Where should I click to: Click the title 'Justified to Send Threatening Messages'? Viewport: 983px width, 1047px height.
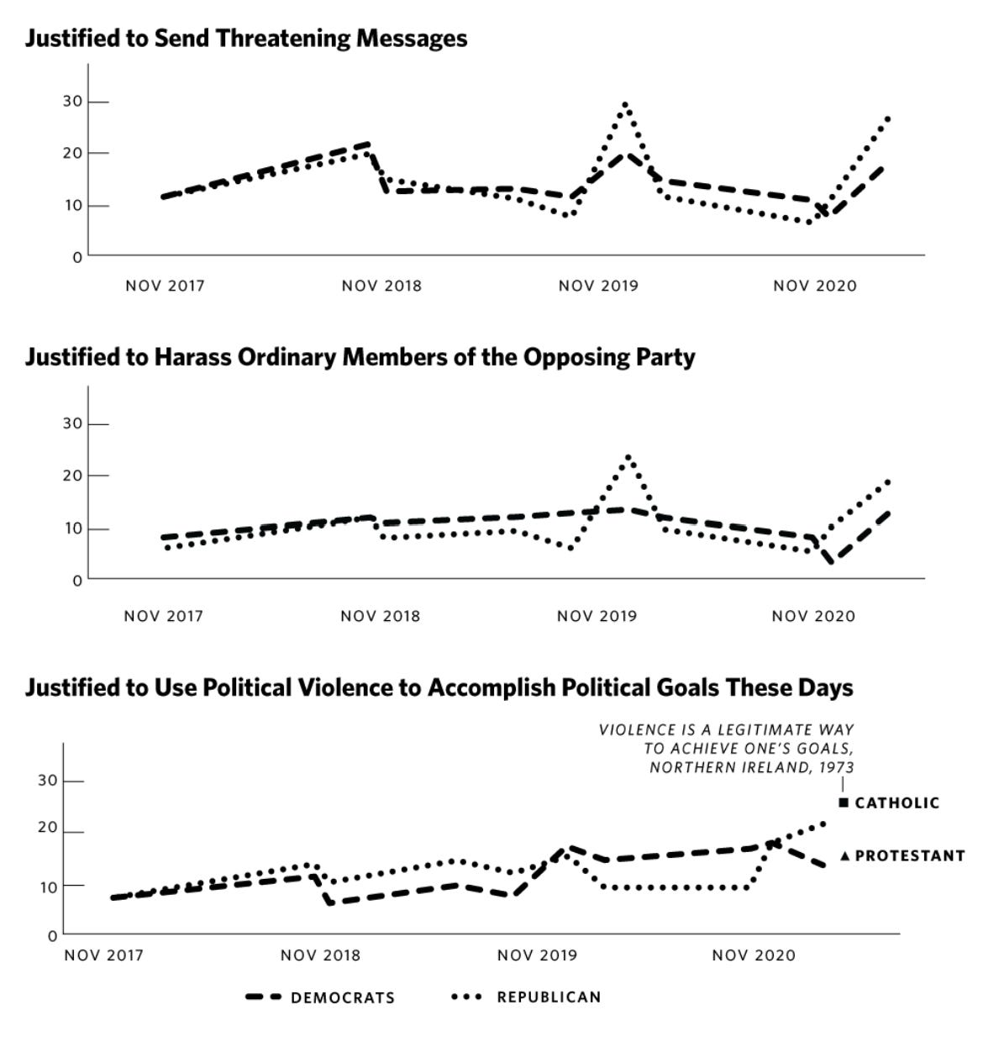click(245, 38)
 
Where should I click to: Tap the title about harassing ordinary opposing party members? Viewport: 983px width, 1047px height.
click(360, 357)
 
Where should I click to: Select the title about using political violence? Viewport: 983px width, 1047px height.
click(439, 687)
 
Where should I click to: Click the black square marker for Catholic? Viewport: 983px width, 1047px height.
click(844, 802)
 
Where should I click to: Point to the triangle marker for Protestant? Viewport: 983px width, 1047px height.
click(845, 855)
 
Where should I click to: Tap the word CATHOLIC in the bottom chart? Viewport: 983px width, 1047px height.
click(897, 802)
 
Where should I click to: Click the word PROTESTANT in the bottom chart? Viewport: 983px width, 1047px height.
click(910, 855)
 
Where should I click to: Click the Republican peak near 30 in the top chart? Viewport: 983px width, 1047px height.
click(625, 105)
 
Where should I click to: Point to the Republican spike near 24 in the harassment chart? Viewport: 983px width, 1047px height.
click(628, 458)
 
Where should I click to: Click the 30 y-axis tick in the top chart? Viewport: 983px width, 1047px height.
click(72, 102)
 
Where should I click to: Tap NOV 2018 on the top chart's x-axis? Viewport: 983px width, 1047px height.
click(381, 286)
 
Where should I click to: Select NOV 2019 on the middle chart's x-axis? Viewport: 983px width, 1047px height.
click(597, 616)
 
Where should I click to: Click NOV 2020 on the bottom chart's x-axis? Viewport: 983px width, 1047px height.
click(753, 955)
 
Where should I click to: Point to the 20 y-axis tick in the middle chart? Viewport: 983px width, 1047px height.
click(72, 476)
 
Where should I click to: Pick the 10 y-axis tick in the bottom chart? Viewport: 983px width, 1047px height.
click(48, 886)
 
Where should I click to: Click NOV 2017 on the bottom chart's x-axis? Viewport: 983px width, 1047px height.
click(104, 955)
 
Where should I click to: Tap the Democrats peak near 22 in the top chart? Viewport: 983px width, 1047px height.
click(366, 145)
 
